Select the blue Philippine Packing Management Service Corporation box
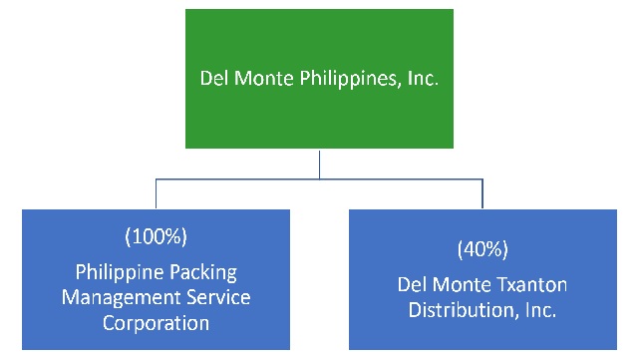tap(156, 279)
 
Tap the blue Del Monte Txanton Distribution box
tap(483, 279)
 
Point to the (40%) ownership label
tap(483, 247)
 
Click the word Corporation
tap(156, 323)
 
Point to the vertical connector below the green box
tap(319, 165)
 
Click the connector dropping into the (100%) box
tap(156, 194)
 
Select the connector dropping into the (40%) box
tap(482, 194)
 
